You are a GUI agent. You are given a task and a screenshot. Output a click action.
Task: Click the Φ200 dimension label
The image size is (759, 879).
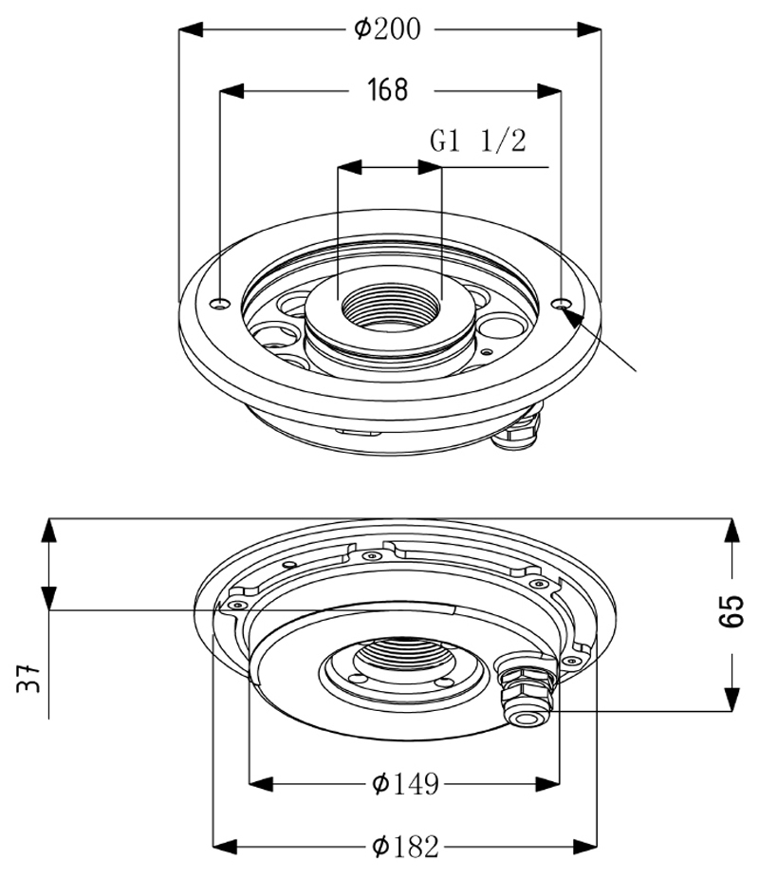click(x=387, y=29)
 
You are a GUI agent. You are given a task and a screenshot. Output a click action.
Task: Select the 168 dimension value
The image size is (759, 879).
click(x=388, y=89)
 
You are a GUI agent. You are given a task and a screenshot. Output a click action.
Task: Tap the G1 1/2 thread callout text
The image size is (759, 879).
click(x=478, y=140)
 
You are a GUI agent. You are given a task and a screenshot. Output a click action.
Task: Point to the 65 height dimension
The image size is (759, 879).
click(x=731, y=611)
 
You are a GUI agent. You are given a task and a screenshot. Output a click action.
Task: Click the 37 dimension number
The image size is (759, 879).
click(x=28, y=678)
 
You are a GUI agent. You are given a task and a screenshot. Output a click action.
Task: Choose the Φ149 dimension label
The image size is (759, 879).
click(x=405, y=784)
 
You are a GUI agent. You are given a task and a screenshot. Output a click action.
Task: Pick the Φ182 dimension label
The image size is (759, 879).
click(x=405, y=847)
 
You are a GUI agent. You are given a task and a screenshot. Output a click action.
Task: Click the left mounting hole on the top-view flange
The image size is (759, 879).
click(x=220, y=304)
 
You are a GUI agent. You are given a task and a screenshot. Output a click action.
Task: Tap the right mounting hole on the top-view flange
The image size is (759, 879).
click(x=562, y=304)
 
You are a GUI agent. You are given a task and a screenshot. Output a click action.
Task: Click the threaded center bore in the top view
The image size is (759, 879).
click(x=391, y=307)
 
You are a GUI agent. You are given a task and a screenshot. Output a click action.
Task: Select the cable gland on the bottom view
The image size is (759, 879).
click(x=526, y=688)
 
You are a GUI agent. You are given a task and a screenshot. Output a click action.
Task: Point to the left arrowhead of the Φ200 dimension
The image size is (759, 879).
click(x=191, y=29)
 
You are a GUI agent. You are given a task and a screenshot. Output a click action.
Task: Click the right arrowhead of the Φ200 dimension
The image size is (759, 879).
click(x=589, y=29)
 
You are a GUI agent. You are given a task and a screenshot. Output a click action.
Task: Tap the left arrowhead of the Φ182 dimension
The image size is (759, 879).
click(x=225, y=847)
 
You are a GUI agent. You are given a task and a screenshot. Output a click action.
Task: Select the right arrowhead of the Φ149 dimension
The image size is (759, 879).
click(x=547, y=784)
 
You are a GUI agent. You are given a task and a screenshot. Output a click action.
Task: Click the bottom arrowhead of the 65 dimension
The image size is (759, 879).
click(x=731, y=699)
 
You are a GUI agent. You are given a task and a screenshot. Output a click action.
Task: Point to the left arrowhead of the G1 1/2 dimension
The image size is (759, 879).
click(x=349, y=167)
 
